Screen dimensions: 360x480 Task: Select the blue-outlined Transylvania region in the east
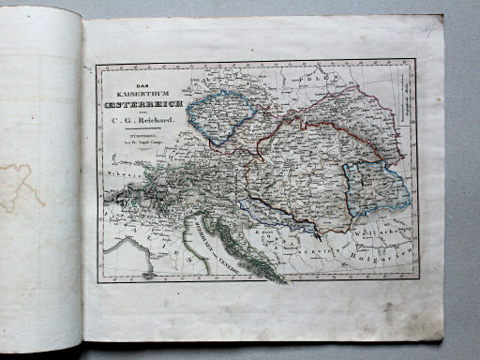(373, 188)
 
